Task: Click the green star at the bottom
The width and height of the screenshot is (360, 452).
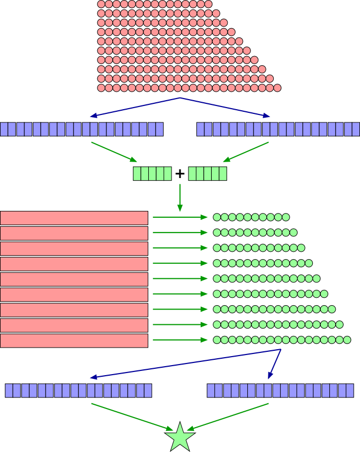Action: (180, 438)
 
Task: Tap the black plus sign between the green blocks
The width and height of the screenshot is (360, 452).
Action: (180, 173)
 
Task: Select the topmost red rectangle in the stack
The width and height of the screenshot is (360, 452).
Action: (74, 218)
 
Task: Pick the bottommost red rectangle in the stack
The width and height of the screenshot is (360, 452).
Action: (74, 341)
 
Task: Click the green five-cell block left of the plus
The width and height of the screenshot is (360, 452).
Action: (152, 174)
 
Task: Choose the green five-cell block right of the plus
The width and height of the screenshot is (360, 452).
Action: (208, 174)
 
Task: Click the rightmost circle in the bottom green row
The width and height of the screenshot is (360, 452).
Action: (347, 340)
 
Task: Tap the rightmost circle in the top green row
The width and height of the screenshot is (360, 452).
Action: (286, 217)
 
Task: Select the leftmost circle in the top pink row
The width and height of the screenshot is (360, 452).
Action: (101, 4)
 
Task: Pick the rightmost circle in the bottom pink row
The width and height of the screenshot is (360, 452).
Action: (277, 87)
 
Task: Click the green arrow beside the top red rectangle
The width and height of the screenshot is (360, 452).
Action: (180, 217)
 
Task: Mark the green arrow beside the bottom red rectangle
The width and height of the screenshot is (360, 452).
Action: (180, 340)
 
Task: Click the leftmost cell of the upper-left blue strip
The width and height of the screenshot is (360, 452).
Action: (4, 129)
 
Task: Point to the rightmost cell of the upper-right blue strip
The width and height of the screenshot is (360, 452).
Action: (356, 129)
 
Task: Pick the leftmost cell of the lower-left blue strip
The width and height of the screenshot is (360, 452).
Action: (9, 391)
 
